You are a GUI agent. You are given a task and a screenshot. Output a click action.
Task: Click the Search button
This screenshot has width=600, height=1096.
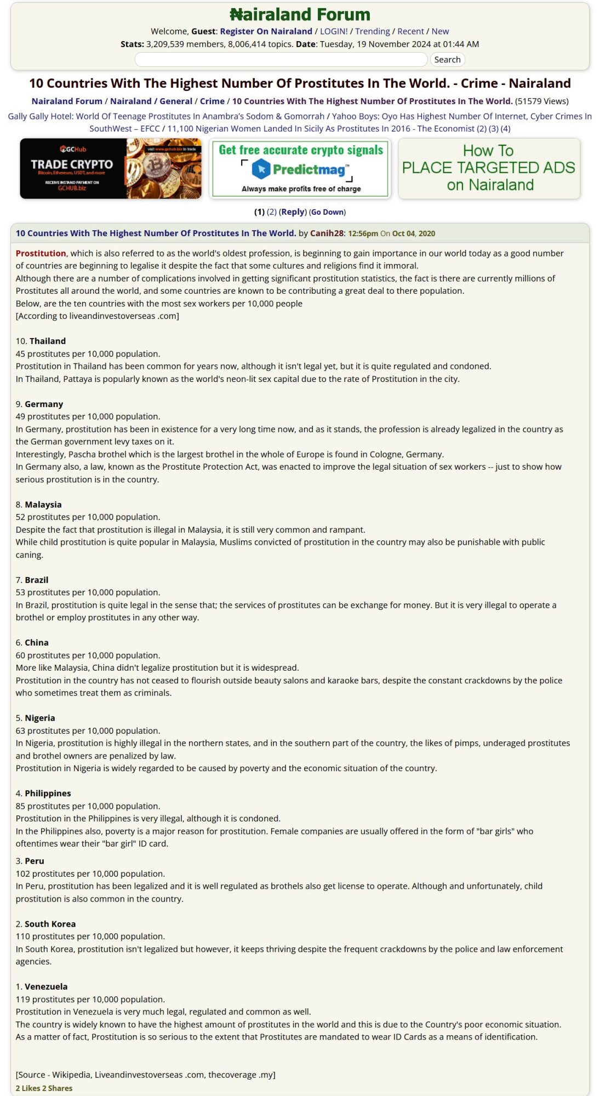coord(447,60)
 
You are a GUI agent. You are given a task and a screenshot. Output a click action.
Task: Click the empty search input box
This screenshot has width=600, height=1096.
coord(281,60)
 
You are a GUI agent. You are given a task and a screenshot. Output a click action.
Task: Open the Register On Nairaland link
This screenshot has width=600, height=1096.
coord(266,31)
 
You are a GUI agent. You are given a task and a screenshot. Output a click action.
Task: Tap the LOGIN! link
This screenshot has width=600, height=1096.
coord(334,31)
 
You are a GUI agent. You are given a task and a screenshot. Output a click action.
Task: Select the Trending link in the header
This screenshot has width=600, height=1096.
coord(373,31)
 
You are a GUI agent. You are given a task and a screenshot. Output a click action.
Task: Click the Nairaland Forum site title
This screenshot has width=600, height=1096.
coord(300,14)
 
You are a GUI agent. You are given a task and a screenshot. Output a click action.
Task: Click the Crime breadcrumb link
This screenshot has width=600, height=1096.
coord(212,101)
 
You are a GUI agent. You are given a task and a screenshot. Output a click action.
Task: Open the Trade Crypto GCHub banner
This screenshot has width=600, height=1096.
coord(111,168)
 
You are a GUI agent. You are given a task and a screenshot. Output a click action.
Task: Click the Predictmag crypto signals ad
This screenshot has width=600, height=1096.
coord(300,168)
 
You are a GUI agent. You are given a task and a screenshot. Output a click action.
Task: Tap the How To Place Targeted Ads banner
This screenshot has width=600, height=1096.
coord(489,168)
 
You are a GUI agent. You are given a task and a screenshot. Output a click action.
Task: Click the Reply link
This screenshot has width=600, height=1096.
coord(293,212)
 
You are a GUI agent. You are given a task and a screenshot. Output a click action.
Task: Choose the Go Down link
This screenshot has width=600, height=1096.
coord(327,212)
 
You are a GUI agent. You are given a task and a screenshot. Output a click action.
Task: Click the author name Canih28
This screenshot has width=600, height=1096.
coord(327,233)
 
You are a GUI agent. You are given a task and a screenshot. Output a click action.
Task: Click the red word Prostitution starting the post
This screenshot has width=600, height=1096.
coord(41,253)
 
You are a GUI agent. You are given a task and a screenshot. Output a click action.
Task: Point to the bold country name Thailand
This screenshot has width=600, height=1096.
coord(48,341)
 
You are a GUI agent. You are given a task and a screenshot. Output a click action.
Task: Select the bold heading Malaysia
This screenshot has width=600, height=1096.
coord(43,504)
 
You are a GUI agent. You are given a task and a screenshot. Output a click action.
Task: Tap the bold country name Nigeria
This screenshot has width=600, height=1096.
coord(40,718)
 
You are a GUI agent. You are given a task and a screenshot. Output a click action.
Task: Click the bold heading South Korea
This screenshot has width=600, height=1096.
coord(50,924)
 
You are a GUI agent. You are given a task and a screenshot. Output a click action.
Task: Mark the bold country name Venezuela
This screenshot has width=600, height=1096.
coord(46,986)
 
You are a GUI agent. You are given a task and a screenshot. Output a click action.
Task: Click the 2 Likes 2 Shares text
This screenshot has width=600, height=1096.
coord(44,1088)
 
